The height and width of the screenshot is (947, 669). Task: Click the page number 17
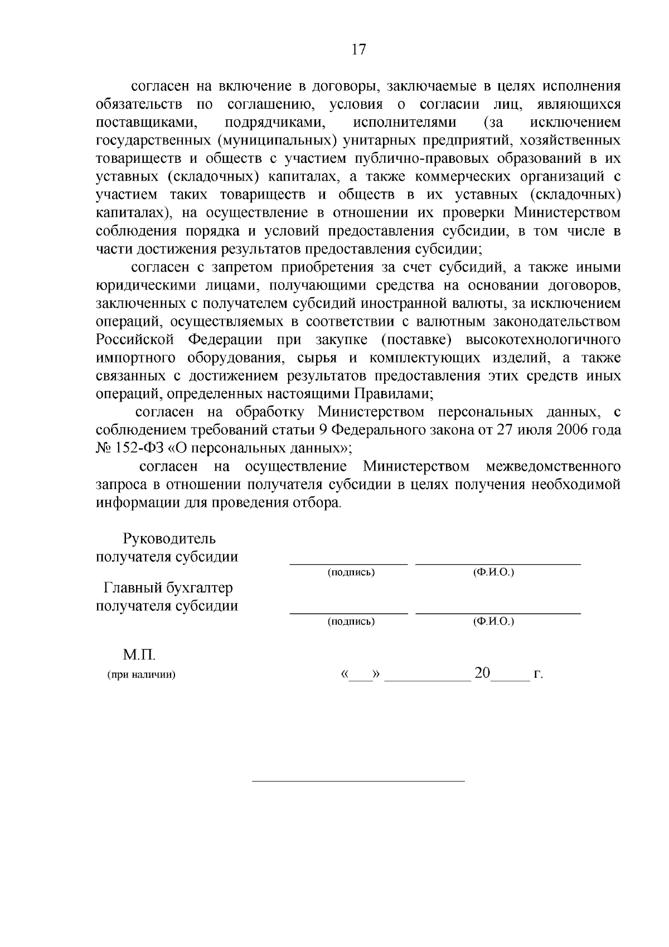[358, 50]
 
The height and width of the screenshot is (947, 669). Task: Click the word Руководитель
[169, 539]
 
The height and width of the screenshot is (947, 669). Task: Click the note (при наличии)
[141, 675]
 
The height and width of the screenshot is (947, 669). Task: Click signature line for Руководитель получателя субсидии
[348, 564]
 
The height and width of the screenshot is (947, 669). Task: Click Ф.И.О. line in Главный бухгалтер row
[498, 613]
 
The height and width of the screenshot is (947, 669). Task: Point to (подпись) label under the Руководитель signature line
[351, 573]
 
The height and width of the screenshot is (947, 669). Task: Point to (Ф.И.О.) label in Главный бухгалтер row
[493, 621]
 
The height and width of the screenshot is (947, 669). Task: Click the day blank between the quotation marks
[360, 677]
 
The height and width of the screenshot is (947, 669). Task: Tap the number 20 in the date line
[482, 673]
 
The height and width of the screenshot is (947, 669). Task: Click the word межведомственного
[553, 466]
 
